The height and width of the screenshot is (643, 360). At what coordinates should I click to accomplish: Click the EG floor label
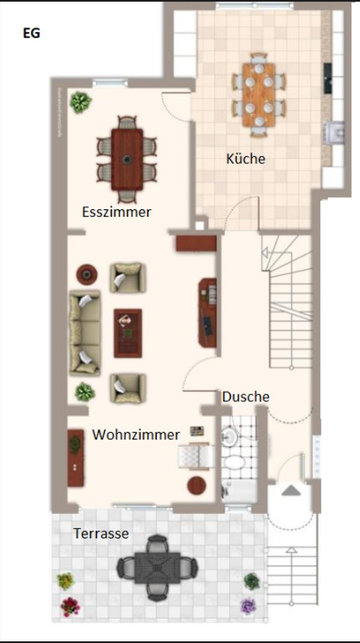click(32, 33)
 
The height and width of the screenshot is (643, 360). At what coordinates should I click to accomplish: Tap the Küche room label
click(246, 158)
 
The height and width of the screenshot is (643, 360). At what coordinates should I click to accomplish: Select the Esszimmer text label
click(117, 212)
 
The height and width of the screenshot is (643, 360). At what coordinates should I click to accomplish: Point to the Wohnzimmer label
click(136, 435)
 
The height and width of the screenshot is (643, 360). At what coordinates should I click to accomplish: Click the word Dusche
click(246, 397)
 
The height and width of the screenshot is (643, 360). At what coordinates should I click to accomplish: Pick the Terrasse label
click(101, 533)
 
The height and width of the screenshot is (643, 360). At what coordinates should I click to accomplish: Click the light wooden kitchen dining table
click(259, 94)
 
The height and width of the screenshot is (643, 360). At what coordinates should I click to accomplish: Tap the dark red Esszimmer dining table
click(127, 159)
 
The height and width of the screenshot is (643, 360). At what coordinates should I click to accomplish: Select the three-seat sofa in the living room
click(85, 333)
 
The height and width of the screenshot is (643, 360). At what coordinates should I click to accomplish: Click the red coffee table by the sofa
click(128, 333)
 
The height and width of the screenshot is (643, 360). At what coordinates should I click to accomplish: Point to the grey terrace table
click(158, 568)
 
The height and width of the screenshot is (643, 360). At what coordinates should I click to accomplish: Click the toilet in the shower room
click(234, 463)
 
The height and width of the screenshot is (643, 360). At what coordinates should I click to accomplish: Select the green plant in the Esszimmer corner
click(80, 102)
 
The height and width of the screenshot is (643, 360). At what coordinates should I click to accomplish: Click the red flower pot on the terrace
click(70, 607)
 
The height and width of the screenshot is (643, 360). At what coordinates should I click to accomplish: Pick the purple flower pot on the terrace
click(248, 607)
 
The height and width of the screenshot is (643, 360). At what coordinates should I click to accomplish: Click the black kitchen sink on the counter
click(328, 79)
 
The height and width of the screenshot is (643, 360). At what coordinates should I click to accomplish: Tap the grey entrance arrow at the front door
click(291, 490)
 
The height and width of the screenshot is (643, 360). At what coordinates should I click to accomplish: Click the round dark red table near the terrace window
click(197, 486)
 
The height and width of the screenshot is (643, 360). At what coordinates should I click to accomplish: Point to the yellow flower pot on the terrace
click(65, 580)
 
